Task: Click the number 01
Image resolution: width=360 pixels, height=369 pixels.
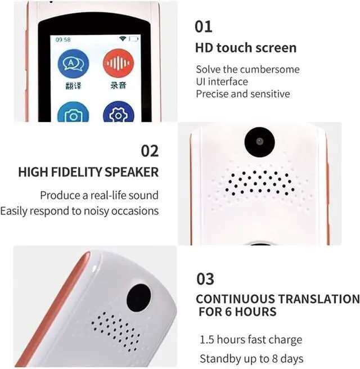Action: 204,26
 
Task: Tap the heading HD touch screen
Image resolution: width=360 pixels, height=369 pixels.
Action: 245,48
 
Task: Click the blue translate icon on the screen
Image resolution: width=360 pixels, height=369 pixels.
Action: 73,66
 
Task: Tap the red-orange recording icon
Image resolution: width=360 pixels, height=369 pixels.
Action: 118,64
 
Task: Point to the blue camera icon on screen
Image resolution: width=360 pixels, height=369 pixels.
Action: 73,113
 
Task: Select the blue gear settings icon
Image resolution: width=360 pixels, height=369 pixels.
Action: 118,113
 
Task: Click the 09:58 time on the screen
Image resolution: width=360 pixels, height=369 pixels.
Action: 63,39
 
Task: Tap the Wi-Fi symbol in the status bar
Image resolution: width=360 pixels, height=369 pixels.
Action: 122,39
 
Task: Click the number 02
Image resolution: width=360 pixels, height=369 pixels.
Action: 150,151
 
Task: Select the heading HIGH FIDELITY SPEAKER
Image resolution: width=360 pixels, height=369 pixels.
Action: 88,172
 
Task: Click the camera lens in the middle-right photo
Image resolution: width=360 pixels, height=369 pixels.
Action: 258,141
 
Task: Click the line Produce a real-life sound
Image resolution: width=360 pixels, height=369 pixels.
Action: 99,196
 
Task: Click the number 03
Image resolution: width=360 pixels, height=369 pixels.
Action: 205,279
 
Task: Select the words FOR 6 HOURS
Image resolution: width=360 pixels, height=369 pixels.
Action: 237,312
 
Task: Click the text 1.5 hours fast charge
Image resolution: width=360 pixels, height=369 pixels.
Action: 251,340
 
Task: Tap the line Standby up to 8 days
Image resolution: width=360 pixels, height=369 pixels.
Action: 251,358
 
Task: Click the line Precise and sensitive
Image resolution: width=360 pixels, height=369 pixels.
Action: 242,94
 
